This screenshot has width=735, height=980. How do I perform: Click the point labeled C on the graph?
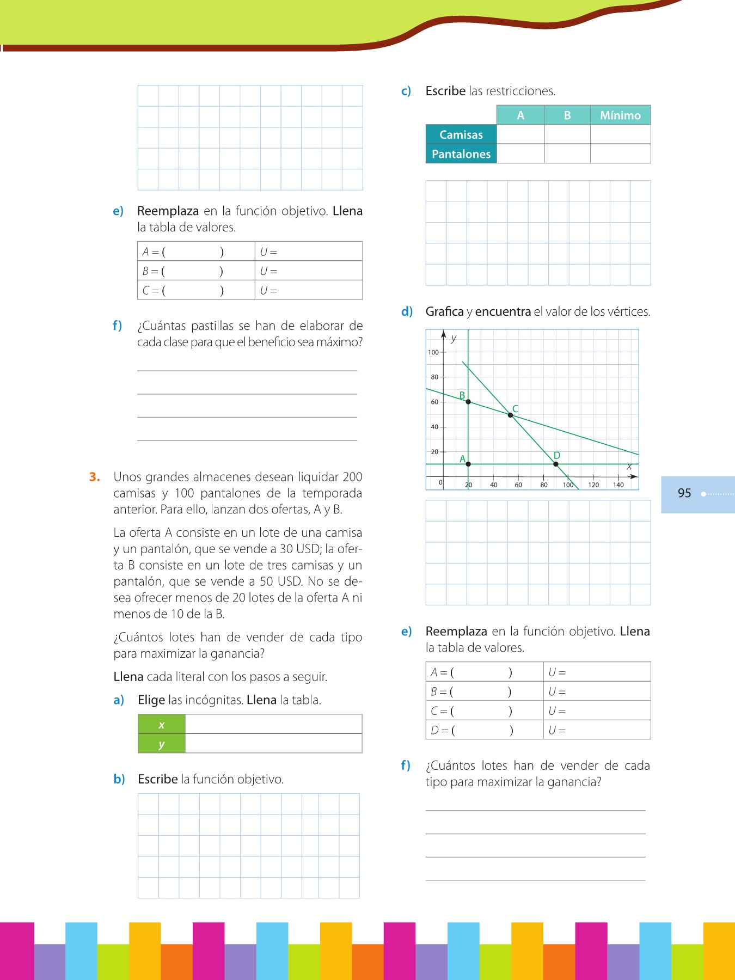click(x=510, y=415)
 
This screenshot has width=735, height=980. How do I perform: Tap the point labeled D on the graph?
click(x=555, y=464)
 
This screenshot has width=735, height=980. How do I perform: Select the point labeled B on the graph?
click(x=468, y=402)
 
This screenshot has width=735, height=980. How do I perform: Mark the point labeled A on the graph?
click(x=468, y=464)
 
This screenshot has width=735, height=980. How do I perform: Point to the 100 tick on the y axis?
click(x=433, y=352)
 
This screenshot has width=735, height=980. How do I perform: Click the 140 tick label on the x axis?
click(x=618, y=485)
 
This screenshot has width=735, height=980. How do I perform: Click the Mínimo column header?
click(x=620, y=115)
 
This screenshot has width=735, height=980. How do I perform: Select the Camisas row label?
click(x=461, y=134)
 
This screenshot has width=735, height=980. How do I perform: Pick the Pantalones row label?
click(x=461, y=154)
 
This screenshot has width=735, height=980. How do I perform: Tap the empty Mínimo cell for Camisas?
click(x=620, y=134)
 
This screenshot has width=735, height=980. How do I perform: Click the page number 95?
click(x=684, y=493)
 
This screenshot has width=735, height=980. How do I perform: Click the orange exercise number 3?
click(x=95, y=477)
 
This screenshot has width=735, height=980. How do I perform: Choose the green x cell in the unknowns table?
click(x=162, y=725)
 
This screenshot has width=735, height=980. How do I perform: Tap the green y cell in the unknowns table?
click(x=162, y=744)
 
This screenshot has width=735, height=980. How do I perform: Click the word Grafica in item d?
click(x=444, y=312)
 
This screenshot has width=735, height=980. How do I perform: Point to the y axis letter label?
click(x=454, y=338)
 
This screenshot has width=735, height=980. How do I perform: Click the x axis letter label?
click(x=629, y=467)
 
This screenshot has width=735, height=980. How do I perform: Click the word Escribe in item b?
click(x=157, y=779)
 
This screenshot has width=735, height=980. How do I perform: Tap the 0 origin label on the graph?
click(x=440, y=482)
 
